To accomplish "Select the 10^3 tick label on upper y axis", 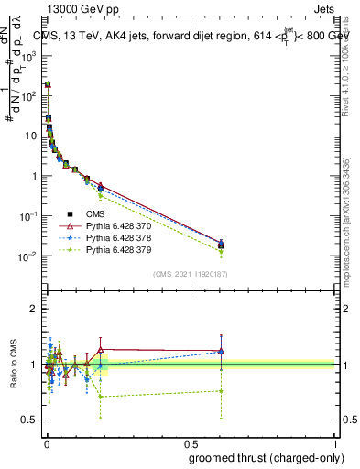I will pyautogui.click(x=29, y=55).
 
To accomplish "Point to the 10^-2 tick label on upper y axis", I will pyautogui.click(x=29, y=256).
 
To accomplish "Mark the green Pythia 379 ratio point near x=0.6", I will pyautogui.click(x=221, y=391).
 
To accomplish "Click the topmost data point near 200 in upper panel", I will pyautogui.click(x=48, y=84).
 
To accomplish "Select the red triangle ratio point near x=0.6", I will pyautogui.click(x=221, y=351).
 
